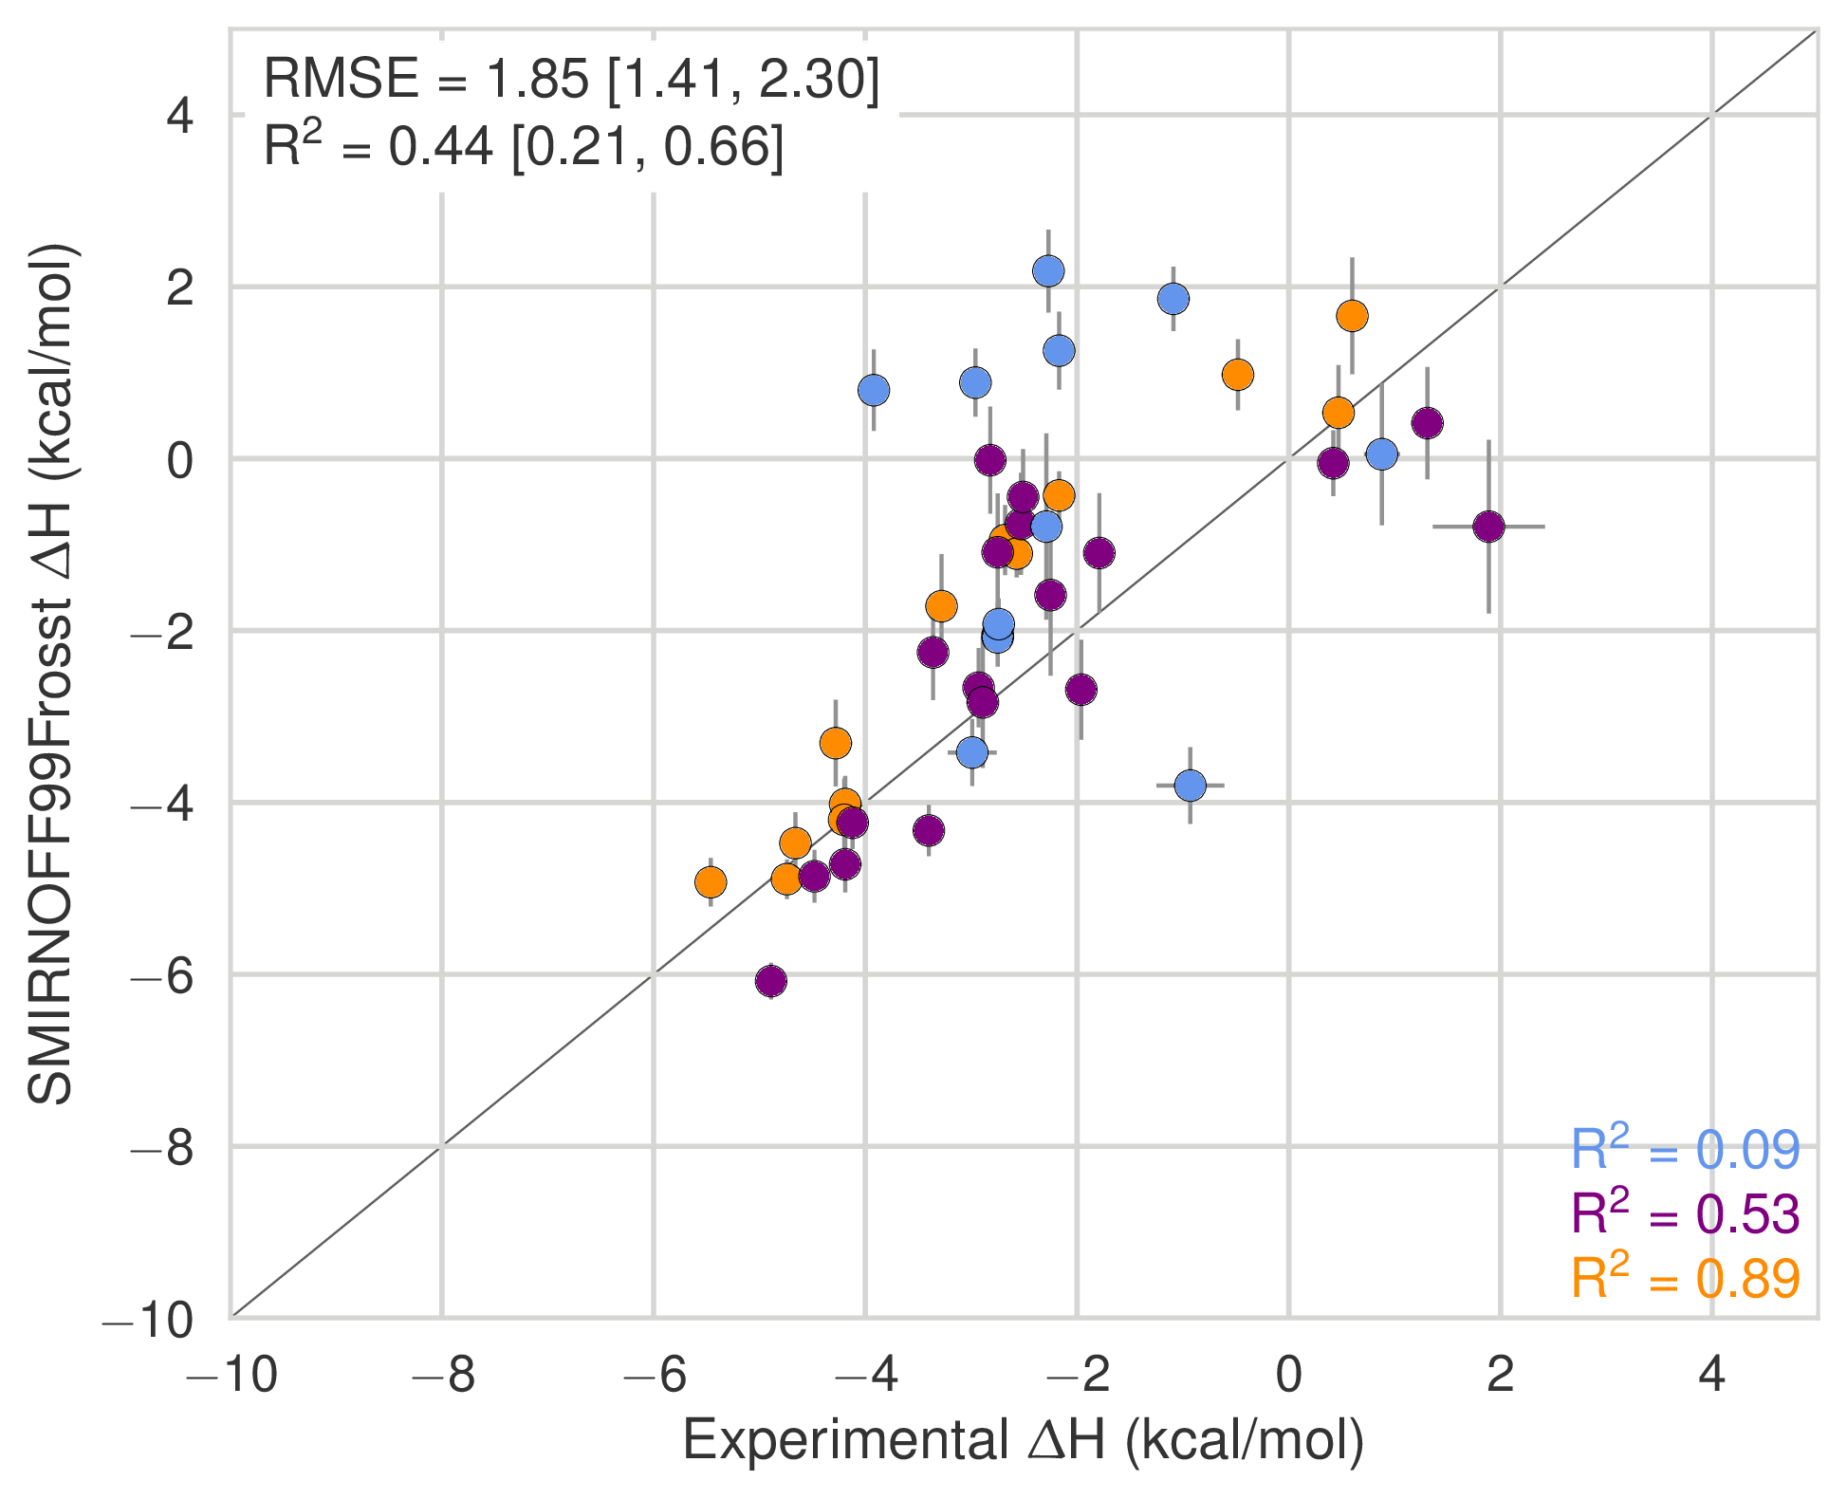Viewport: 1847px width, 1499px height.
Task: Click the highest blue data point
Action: coord(1047,271)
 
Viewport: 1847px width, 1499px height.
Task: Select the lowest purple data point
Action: coord(771,981)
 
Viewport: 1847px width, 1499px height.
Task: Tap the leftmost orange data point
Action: coord(711,882)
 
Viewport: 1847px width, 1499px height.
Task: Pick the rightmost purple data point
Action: coord(1488,527)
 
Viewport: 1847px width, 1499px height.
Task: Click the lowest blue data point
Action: coord(1190,786)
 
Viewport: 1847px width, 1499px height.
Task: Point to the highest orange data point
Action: coord(1352,316)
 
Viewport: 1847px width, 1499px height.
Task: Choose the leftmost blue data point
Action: coord(874,390)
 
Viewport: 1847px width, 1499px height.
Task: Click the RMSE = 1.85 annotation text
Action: coord(571,79)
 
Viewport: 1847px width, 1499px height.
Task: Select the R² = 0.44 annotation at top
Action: coord(524,147)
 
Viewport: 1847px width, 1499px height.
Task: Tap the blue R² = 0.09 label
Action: coord(1685,1150)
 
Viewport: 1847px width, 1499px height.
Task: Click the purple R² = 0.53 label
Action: coord(1685,1214)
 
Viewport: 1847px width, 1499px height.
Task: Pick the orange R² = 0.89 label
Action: coord(1685,1278)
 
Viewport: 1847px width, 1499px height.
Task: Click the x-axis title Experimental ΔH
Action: coord(1023,1440)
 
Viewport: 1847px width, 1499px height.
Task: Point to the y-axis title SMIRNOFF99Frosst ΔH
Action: coord(51,674)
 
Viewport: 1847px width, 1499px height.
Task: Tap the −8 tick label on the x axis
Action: coord(442,1375)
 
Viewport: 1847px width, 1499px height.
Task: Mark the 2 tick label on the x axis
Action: coord(1500,1375)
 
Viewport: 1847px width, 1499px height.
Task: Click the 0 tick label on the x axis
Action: coord(1288,1375)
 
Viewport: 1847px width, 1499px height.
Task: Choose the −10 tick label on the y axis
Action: coord(148,1319)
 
